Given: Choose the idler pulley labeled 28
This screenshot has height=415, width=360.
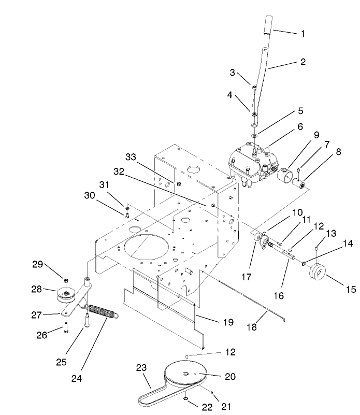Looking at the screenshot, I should pos(66,295).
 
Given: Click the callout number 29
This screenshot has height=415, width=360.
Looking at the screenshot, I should pos(37,264).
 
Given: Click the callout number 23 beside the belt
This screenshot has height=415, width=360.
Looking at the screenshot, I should pos(141,368).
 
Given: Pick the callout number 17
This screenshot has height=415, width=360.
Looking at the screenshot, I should pos(247,277).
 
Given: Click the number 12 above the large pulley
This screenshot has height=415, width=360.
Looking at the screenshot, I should pos(230,352).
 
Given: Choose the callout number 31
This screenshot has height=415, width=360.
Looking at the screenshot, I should pos(105,184).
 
